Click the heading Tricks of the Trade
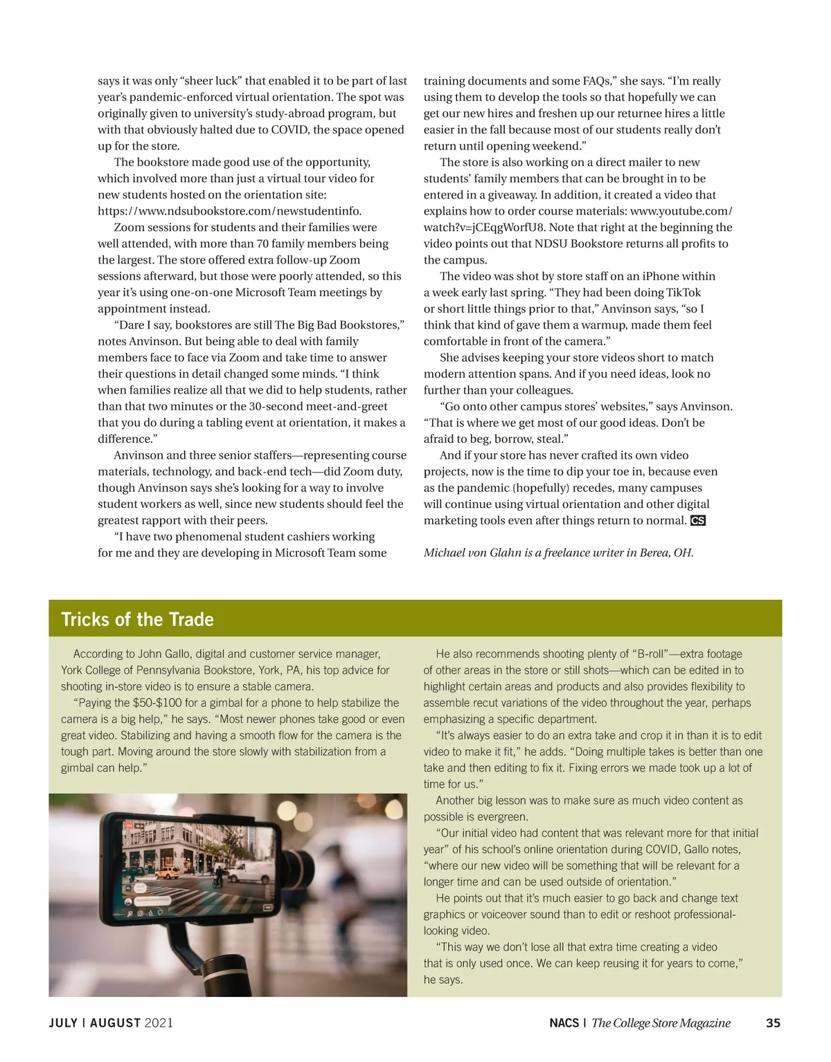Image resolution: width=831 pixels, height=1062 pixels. (137, 619)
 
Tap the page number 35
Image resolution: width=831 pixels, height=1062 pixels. (774, 1023)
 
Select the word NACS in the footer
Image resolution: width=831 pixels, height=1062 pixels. (564, 1023)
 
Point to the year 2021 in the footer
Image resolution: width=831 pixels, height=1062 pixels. (159, 1023)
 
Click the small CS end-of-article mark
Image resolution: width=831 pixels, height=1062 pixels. (698, 520)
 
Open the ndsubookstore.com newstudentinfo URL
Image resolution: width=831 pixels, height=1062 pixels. (229, 211)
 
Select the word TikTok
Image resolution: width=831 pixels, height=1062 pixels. (683, 293)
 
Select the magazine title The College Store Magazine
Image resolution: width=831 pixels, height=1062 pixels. (661, 1023)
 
